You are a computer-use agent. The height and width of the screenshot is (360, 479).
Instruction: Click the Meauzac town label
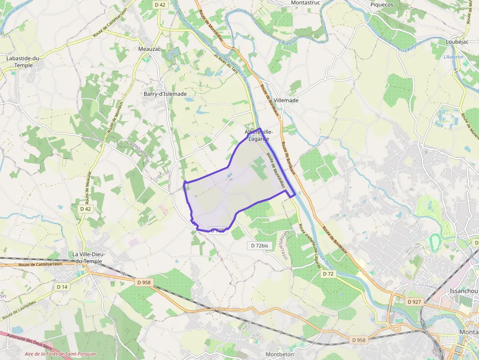point(150,49)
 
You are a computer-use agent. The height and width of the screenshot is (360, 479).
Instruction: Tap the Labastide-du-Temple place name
point(23,62)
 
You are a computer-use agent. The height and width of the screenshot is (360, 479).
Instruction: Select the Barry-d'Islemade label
point(165,94)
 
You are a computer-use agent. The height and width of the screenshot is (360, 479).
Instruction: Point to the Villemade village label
point(286,100)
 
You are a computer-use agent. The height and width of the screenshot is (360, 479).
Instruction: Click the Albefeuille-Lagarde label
point(259,135)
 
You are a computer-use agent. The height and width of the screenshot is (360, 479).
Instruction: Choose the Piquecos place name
point(382,4)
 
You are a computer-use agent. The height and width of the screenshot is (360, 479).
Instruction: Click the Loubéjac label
point(457,42)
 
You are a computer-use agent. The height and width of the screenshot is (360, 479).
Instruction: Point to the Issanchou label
point(463,291)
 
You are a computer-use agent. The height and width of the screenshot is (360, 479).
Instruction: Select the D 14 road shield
point(62,287)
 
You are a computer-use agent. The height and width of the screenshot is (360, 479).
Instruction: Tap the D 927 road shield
point(414,301)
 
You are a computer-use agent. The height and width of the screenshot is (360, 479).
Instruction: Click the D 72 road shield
point(328,274)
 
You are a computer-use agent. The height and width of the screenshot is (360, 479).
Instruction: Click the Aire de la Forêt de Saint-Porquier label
point(61,354)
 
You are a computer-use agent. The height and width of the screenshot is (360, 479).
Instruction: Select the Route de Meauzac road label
point(88,188)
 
